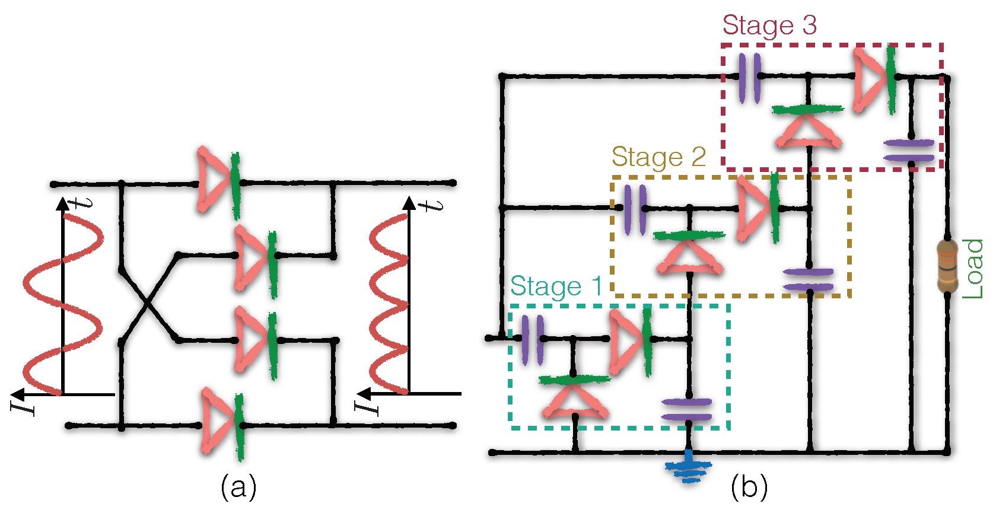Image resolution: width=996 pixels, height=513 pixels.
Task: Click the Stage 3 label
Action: tap(769, 26)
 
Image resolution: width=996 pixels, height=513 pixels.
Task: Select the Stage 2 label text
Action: tap(658, 158)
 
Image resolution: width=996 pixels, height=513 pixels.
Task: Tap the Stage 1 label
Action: tap(556, 286)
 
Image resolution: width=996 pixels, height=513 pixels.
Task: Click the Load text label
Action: tap(973, 269)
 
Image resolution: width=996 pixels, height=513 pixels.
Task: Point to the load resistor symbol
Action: tap(947, 266)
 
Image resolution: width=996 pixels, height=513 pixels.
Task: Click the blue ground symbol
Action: tap(688, 467)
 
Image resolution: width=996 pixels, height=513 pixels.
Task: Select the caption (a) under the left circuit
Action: tap(238, 487)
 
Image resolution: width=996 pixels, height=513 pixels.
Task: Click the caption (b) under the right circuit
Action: tap(749, 487)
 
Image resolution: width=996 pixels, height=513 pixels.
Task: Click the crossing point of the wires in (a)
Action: tap(147, 303)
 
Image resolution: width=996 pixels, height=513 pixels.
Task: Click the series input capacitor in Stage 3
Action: tap(750, 77)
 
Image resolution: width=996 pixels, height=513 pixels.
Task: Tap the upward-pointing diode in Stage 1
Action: tap(575, 396)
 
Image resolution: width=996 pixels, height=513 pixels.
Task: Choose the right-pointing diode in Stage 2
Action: tap(757, 209)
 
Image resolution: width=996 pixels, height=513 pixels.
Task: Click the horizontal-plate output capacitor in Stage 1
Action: tap(687, 410)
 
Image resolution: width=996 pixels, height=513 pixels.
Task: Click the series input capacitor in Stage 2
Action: tap(634, 209)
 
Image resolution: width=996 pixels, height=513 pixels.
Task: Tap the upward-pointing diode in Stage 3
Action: tap(808, 126)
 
